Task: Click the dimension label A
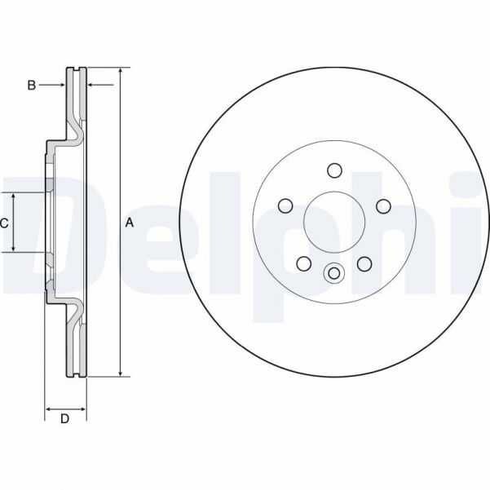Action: tap(130, 223)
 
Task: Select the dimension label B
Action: tap(31, 85)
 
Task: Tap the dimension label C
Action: tap(4, 223)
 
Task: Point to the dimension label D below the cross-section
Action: tap(65, 419)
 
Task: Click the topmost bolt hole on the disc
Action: tap(333, 170)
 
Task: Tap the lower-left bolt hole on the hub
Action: tap(303, 263)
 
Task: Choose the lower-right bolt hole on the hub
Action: tap(364, 263)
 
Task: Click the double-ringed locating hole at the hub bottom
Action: tap(333, 274)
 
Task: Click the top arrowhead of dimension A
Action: tap(121, 73)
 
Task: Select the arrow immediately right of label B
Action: tap(59, 85)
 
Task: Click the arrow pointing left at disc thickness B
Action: tap(92, 85)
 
